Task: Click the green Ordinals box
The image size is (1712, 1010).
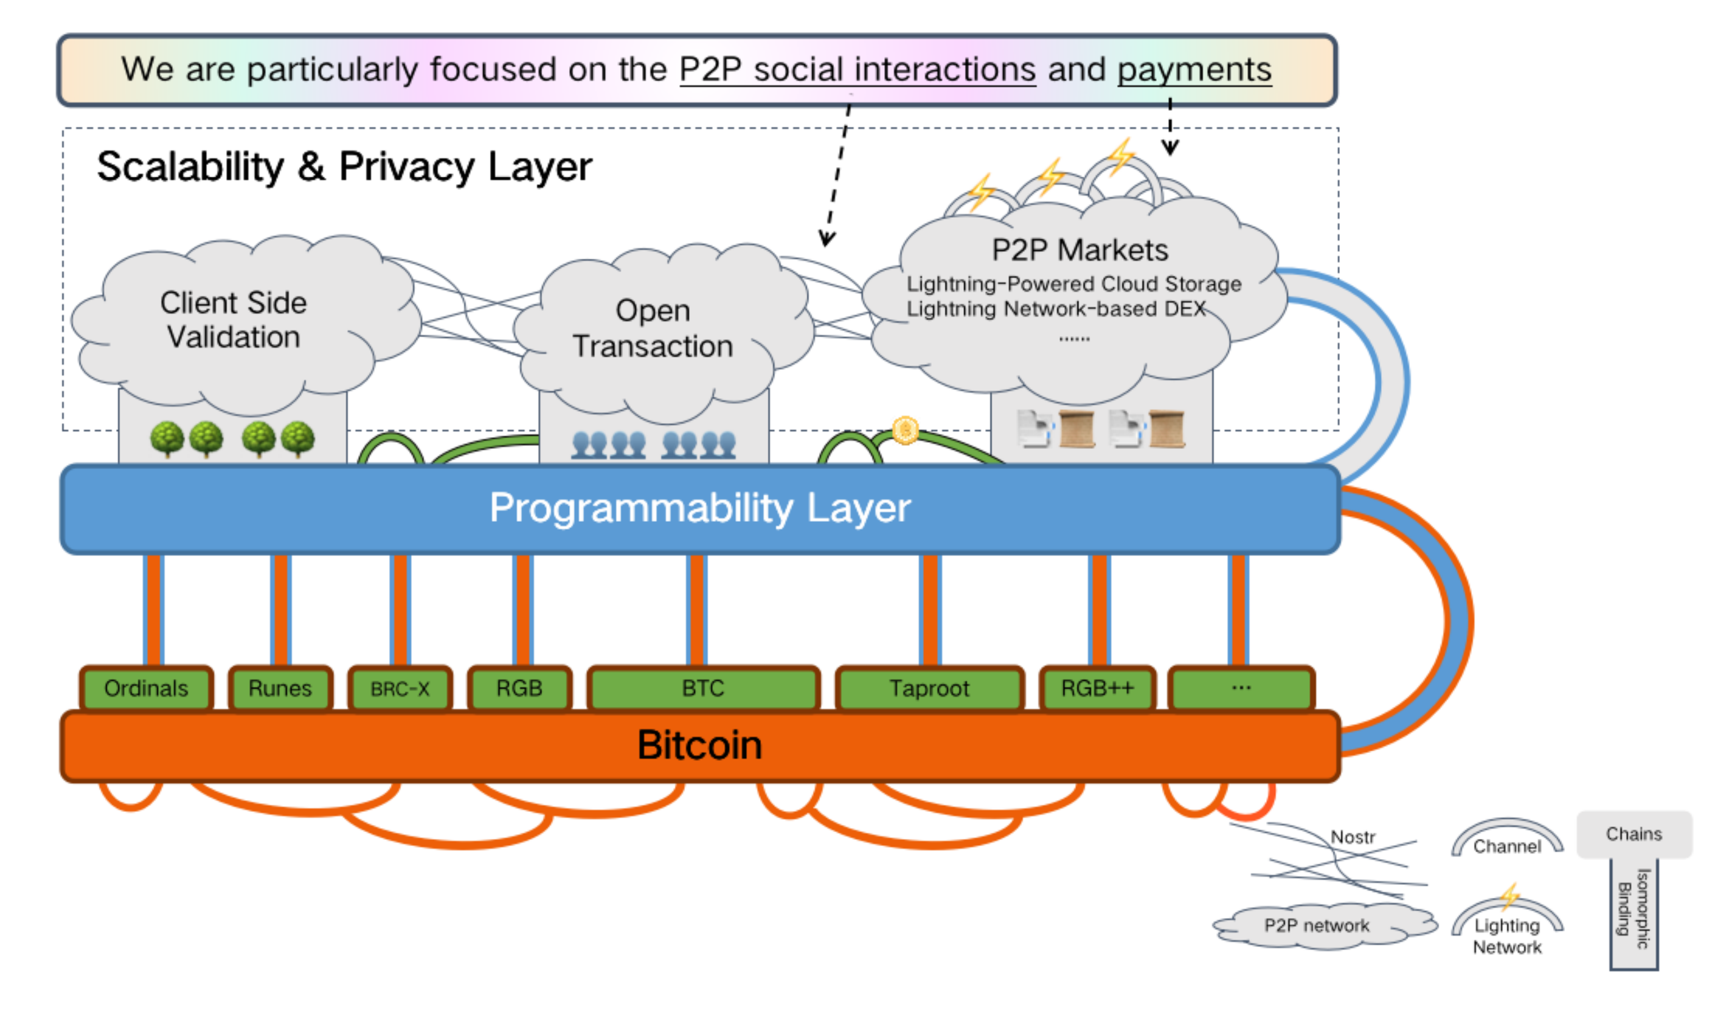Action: point(147,688)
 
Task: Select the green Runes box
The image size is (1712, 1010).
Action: point(280,688)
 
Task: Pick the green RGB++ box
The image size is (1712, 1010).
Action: point(1097,688)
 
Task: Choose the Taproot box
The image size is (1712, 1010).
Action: point(929,688)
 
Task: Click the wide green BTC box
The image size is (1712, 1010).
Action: point(703,688)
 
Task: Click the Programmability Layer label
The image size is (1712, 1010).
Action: point(700,508)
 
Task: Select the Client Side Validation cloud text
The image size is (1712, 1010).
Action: point(234,320)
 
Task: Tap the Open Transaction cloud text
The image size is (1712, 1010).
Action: point(653,328)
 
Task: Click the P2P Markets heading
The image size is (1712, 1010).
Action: point(1079,250)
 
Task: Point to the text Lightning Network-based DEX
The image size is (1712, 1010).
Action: point(1055,309)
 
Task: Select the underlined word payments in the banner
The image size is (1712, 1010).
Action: point(1194,70)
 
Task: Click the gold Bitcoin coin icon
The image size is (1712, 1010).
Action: point(905,430)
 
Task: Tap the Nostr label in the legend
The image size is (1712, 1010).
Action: point(1353,837)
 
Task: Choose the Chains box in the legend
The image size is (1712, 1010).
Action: point(1634,834)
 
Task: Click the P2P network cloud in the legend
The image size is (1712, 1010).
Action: point(1316,926)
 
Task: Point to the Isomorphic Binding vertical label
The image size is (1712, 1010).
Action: point(1634,908)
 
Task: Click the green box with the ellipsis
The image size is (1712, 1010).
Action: point(1241,688)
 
